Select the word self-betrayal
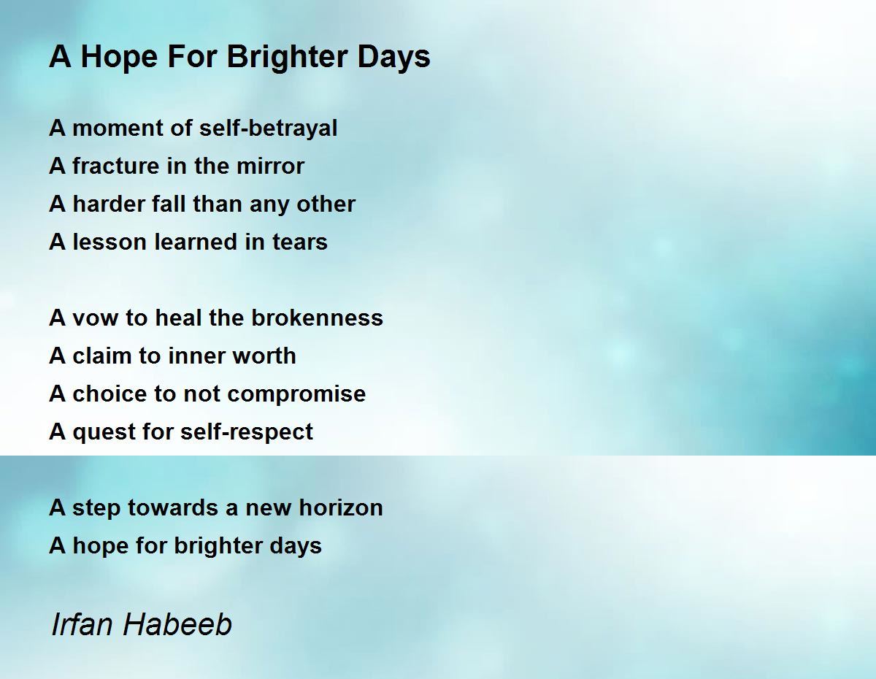(x=268, y=128)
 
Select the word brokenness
(x=317, y=318)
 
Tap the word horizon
(x=341, y=507)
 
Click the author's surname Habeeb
(x=177, y=624)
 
